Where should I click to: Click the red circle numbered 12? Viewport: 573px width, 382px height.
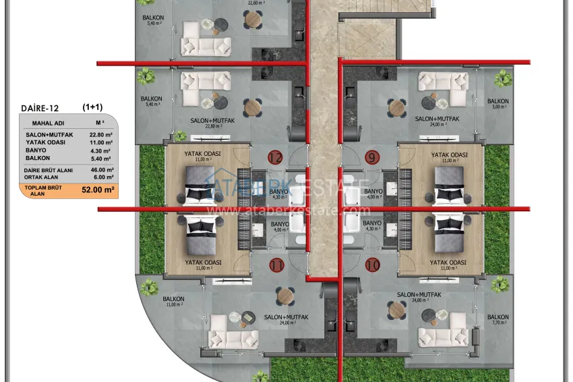[275, 158]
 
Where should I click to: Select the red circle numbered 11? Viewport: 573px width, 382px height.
[276, 265]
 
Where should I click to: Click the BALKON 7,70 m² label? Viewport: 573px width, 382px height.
[498, 320]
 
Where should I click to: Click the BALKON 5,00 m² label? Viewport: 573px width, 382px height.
[498, 104]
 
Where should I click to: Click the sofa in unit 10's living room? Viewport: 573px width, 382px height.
[442, 335]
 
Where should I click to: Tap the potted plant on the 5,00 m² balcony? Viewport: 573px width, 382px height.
[502, 79]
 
